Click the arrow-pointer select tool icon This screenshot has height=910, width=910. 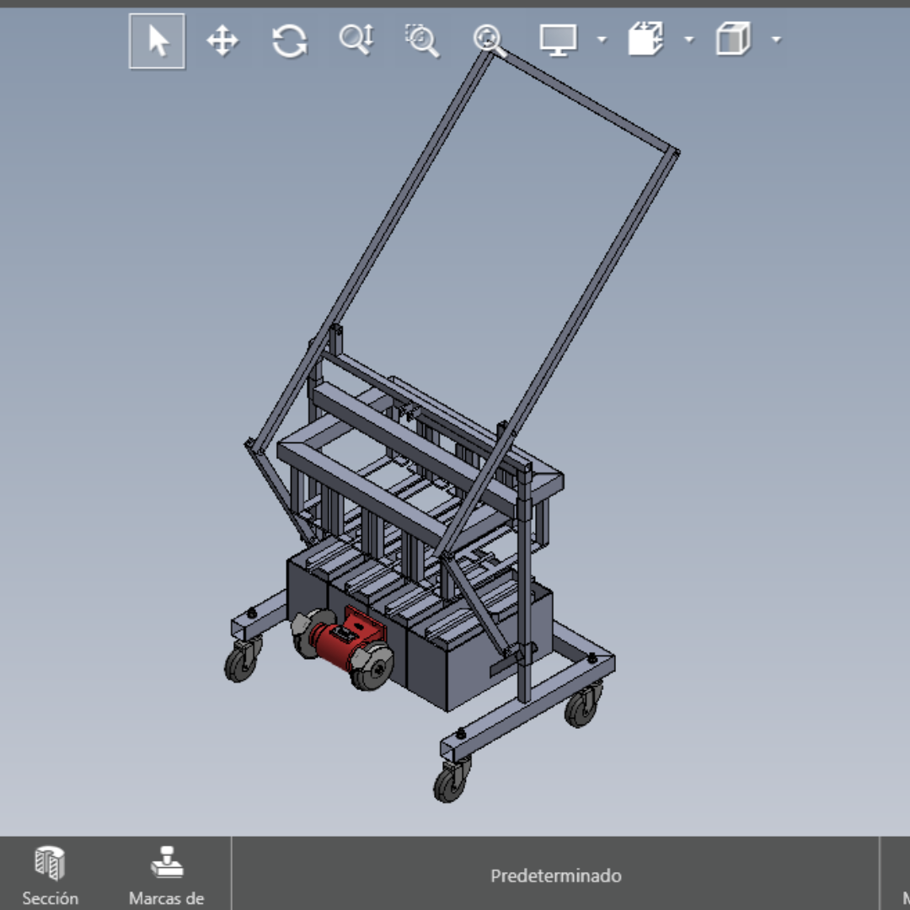tap(157, 40)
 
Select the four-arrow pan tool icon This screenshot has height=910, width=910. tap(222, 40)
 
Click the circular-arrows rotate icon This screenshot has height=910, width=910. tap(289, 40)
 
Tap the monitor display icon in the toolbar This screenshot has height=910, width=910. tap(558, 40)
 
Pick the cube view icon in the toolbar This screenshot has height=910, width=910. tap(732, 40)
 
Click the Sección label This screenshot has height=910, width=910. tap(51, 898)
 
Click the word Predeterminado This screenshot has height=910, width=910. tap(556, 876)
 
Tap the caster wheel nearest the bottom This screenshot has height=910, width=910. tap(449, 784)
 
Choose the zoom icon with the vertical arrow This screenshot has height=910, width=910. tap(356, 40)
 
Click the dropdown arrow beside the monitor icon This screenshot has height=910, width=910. tap(602, 40)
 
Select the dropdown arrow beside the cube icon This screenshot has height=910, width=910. tap(776, 40)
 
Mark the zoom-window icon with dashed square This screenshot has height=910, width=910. tap(422, 40)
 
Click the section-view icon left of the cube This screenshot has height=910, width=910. tap(645, 40)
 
